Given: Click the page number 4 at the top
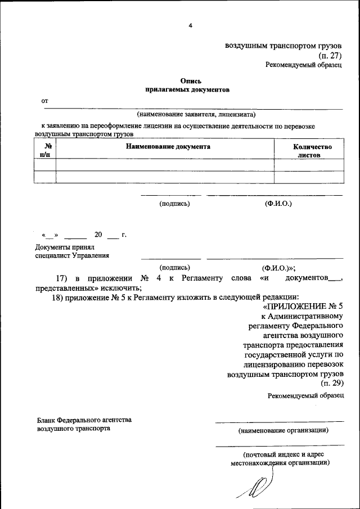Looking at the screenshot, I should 190,25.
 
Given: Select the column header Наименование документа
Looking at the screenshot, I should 168,147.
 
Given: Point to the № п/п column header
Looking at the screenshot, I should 45,150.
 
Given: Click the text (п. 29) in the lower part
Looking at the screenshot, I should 331,383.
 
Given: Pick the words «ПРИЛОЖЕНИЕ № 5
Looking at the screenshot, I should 303,306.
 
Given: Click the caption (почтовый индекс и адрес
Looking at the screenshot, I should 283,454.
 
